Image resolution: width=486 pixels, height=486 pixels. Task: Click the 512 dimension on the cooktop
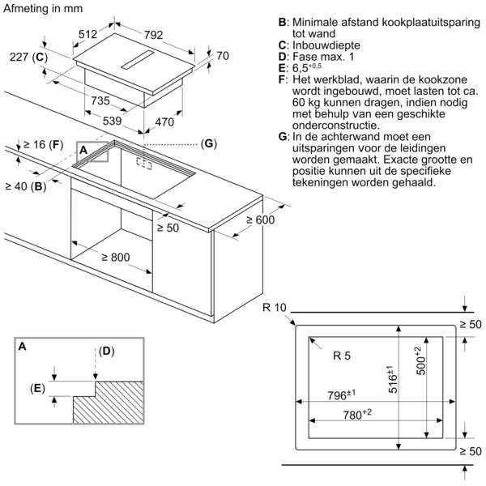click(87, 34)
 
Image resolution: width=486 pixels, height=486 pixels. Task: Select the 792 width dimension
click(153, 35)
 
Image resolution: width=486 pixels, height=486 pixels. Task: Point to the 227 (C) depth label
click(29, 58)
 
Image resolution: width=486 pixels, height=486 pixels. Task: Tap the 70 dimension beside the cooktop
click(223, 56)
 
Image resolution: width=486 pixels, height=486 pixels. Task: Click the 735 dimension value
click(100, 100)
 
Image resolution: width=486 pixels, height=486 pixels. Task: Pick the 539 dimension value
click(113, 121)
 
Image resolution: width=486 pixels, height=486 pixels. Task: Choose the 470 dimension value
click(164, 122)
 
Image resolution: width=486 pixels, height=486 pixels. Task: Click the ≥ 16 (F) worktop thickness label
click(43, 144)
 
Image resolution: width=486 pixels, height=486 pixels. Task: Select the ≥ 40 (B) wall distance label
click(26, 186)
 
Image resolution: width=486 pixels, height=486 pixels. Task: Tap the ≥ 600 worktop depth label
click(260, 220)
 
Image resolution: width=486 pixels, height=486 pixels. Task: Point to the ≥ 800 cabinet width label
click(116, 257)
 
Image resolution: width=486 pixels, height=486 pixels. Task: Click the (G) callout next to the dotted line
click(209, 143)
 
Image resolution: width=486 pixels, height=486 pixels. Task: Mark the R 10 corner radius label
click(275, 308)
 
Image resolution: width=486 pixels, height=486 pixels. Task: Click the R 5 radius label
click(342, 356)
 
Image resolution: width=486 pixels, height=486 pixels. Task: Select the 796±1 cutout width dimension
click(342, 395)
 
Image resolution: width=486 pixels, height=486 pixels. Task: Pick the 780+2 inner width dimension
click(357, 415)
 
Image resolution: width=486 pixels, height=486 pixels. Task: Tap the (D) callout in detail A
click(107, 351)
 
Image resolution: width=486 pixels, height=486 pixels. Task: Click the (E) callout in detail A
click(37, 388)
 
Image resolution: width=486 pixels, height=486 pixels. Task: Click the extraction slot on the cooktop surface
click(138, 59)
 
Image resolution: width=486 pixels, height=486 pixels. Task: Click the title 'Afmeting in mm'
click(43, 8)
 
